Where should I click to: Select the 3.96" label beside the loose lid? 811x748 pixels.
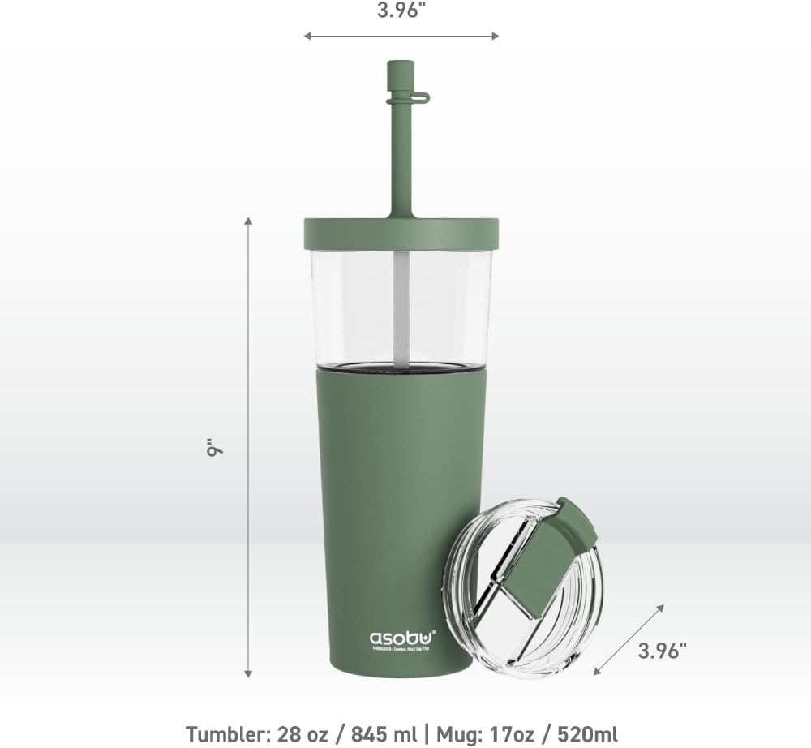coord(662,651)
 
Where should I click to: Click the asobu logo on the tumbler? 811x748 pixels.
coord(402,638)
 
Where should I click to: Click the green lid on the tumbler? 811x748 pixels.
coord(401,234)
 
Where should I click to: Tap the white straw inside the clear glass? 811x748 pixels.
coord(401,308)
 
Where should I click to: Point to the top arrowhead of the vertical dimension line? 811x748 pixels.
coord(248,221)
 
